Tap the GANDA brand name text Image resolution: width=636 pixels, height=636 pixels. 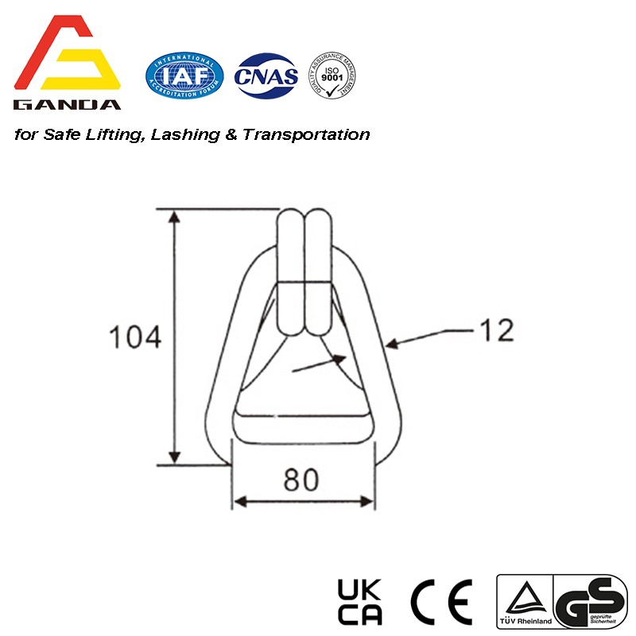tap(68, 104)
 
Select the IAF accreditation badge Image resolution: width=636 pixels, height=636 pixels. tap(184, 76)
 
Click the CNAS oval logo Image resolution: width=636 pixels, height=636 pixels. tap(267, 76)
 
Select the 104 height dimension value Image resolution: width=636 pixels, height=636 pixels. tap(134, 337)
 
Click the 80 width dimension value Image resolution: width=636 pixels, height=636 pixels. tap(302, 479)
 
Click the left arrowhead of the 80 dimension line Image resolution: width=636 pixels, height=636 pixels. tap(238, 501)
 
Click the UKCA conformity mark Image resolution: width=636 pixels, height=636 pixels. tap(360, 601)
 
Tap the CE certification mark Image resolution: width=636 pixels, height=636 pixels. tap(441, 601)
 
